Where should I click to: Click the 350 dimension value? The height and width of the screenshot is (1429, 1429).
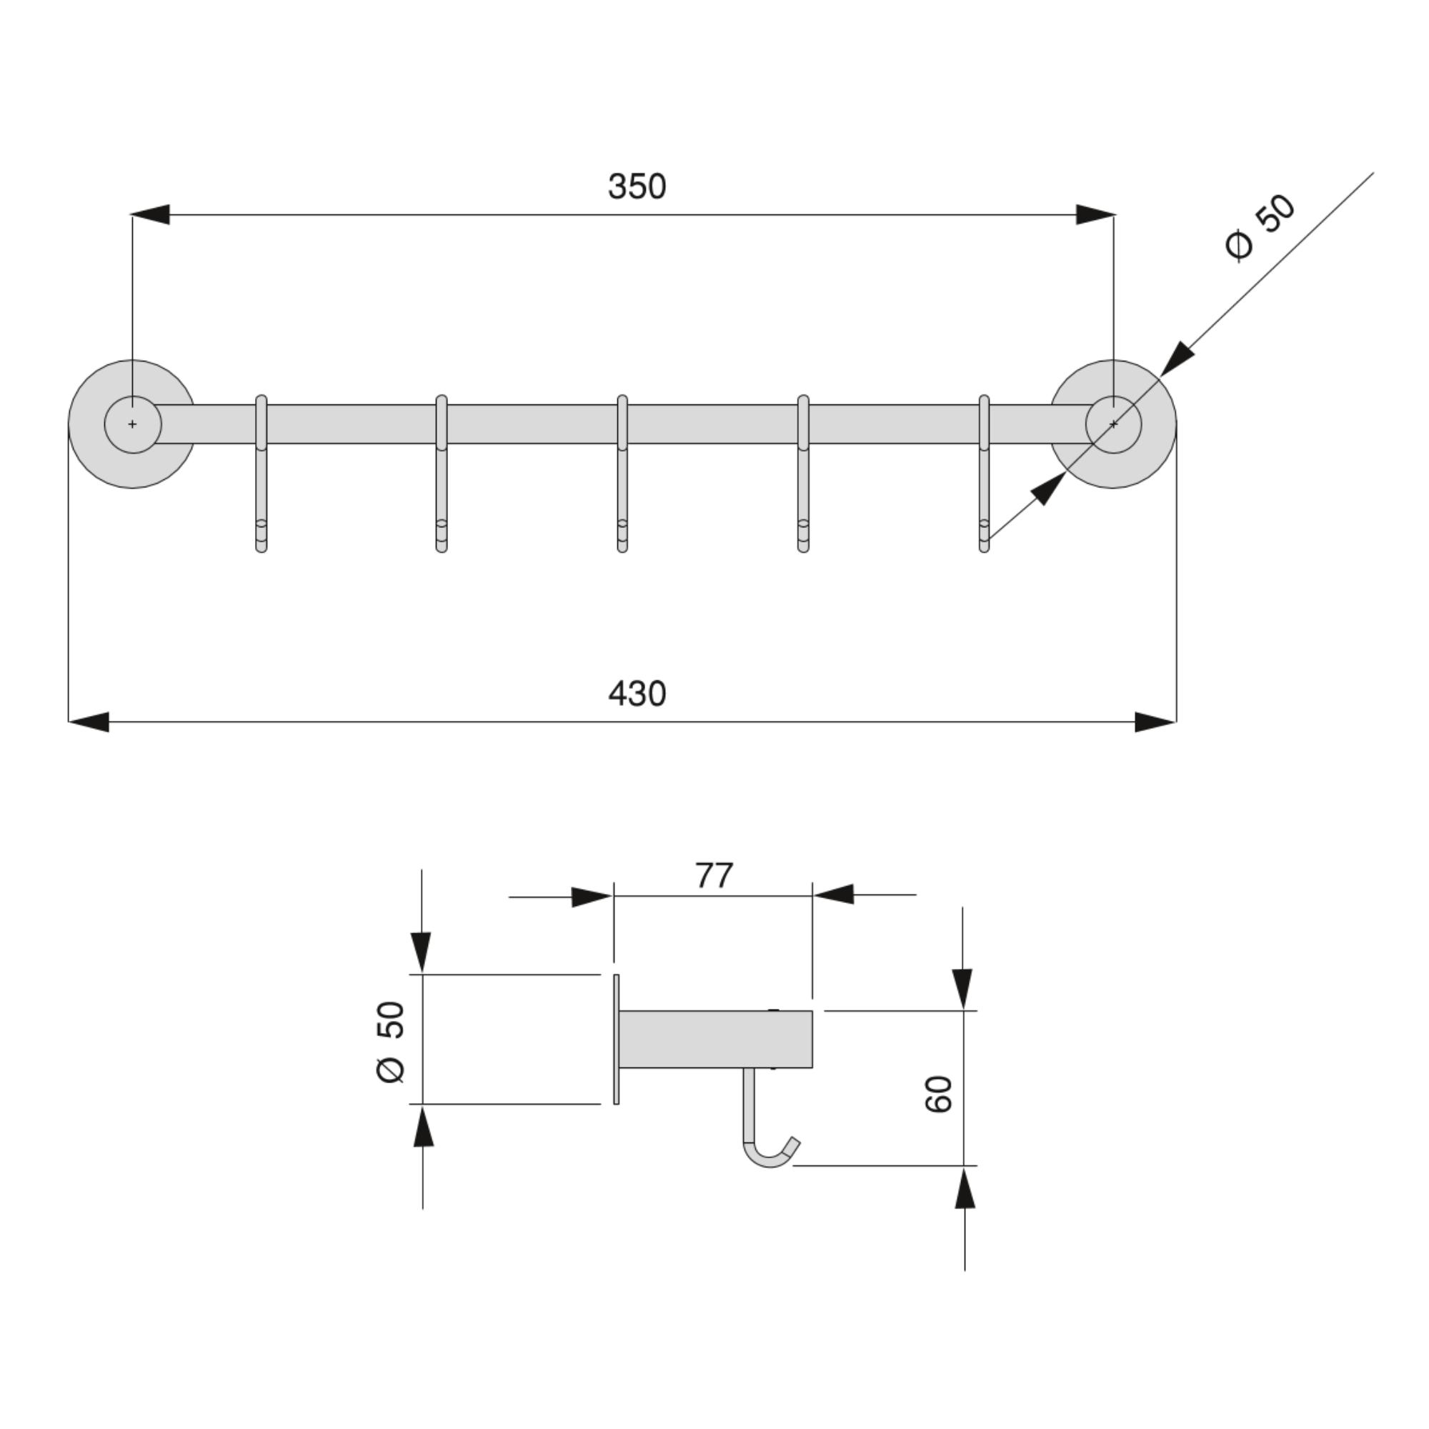637,186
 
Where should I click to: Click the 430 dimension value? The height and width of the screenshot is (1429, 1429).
637,694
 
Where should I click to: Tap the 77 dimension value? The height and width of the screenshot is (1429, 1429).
714,875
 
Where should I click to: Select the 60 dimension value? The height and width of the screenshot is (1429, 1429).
939,1094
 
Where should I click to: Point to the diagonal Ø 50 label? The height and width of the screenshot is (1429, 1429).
1260,227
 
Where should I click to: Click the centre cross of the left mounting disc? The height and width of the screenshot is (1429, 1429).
132,424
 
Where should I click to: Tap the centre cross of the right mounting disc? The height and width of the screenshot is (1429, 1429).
1113,424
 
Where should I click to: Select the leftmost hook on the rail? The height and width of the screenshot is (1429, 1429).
261,474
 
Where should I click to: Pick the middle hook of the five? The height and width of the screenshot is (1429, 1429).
622,474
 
